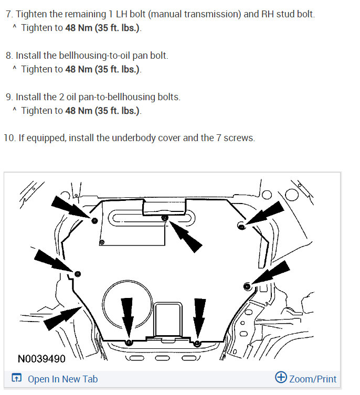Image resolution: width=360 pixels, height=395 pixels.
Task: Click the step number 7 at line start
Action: tap(8, 14)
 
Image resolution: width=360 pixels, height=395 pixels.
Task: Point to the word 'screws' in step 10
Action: tap(240, 138)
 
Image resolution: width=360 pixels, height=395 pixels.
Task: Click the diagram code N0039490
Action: tap(41, 359)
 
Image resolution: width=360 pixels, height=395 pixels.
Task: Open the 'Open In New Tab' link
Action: tap(62, 379)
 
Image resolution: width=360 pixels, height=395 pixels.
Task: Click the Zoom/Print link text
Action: tap(313, 379)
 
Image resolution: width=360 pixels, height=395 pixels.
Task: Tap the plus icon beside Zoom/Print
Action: tap(281, 378)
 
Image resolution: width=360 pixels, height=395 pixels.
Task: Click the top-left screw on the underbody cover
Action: tap(94, 220)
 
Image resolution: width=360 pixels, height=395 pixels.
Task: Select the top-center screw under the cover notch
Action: tap(164, 217)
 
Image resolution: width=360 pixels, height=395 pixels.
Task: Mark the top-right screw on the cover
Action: tap(241, 226)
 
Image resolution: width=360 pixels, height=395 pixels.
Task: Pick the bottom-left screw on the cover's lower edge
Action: tap(129, 342)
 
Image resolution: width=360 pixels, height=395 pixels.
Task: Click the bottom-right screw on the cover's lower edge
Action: tap(197, 343)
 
